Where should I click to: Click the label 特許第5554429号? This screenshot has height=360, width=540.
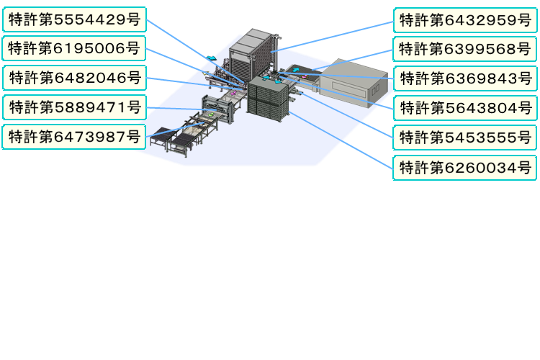point(74,19)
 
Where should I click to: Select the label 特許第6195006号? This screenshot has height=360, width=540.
point(74,48)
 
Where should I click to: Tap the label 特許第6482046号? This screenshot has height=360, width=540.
point(74,78)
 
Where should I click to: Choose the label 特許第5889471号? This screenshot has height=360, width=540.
point(74,107)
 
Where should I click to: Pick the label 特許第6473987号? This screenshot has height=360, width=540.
point(74,137)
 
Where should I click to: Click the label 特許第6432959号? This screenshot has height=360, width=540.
point(465,20)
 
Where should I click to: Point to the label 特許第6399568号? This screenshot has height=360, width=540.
point(465,49)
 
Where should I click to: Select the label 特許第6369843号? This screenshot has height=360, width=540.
point(466,78)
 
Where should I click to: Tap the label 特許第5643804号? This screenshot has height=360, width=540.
point(466,108)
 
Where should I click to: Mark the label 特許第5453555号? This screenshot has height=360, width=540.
point(465,138)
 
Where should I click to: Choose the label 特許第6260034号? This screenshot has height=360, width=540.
point(465,168)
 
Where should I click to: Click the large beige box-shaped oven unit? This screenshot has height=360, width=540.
point(353,83)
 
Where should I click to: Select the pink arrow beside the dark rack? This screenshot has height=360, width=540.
point(234,92)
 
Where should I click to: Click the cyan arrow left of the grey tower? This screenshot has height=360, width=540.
point(212,58)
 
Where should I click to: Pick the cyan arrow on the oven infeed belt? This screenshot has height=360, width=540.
point(295,70)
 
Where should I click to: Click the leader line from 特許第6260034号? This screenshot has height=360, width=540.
point(341,140)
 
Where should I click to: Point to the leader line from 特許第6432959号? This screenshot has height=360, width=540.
point(332,37)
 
